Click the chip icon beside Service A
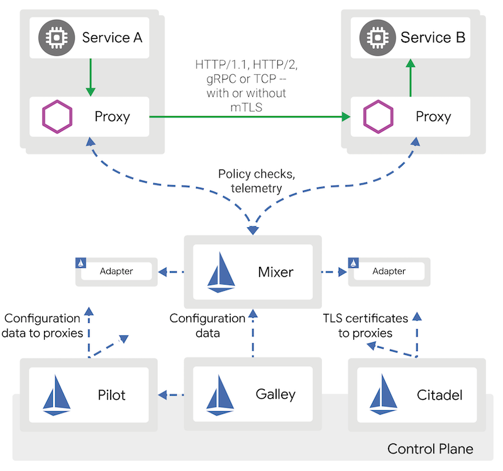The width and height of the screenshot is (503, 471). click(x=56, y=37)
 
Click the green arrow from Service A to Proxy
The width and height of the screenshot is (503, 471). click(x=92, y=77)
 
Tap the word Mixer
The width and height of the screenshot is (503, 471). click(x=275, y=272)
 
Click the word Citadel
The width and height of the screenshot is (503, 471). click(x=439, y=395)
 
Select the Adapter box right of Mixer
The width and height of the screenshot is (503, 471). click(x=389, y=271)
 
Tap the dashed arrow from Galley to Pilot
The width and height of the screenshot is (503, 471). click(x=171, y=395)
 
